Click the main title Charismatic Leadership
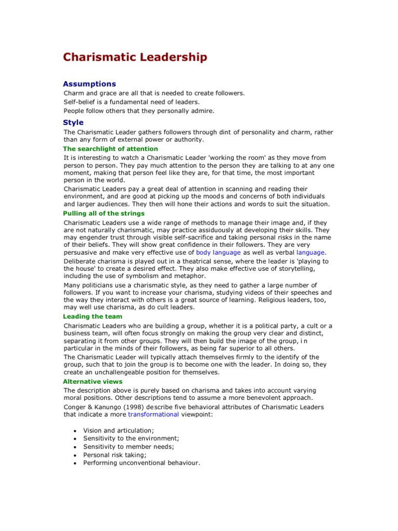pyautogui.click(x=135, y=57)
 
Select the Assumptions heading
pyautogui.click(x=89, y=83)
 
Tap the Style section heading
pyautogui.click(x=73, y=122)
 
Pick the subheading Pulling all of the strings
pyautogui.click(x=104, y=213)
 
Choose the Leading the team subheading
pyautogui.click(x=93, y=316)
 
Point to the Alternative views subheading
pyautogui.click(x=93, y=381)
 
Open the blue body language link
pyautogui.click(x=218, y=253)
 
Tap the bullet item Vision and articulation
pyautogui.click(x=118, y=430)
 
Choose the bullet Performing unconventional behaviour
pyautogui.click(x=141, y=463)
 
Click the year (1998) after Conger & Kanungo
pyautogui.click(x=137, y=407)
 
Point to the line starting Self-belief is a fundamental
pyautogui.click(x=131, y=102)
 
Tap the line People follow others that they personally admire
pyautogui.click(x=138, y=110)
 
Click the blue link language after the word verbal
pyautogui.click(x=310, y=253)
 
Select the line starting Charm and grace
pyautogui.click(x=154, y=93)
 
